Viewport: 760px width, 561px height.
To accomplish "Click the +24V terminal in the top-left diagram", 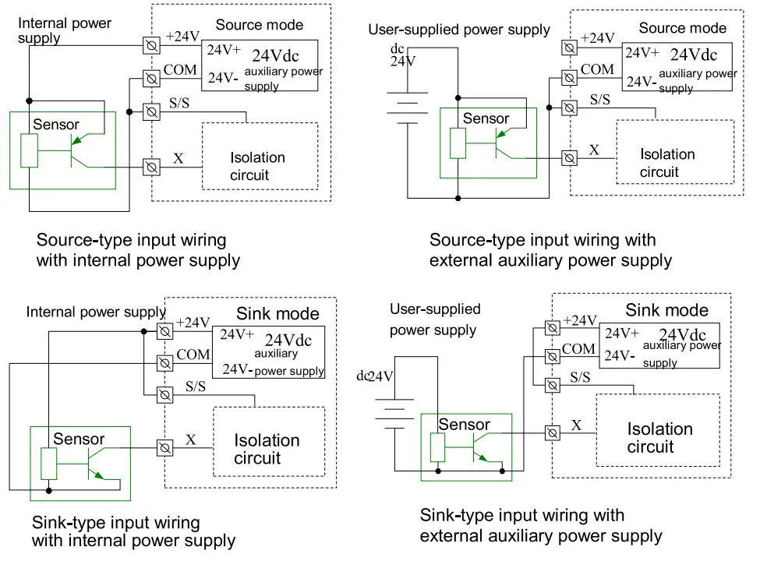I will tap(152, 46).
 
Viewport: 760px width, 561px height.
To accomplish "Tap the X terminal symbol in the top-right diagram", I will tap(570, 157).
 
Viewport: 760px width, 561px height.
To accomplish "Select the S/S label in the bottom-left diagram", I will tap(196, 386).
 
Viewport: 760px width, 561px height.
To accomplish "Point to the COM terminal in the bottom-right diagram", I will tap(553, 356).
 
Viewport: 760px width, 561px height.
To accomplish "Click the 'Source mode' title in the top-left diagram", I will tap(259, 25).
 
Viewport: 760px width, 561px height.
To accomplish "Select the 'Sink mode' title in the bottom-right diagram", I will tap(666, 310).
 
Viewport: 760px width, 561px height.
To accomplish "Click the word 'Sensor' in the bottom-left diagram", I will tap(79, 439).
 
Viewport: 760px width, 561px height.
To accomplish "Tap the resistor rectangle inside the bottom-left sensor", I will tap(49, 464).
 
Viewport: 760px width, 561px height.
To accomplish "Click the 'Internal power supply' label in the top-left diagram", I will tap(65, 30).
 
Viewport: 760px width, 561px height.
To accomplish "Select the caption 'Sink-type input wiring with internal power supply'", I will tap(133, 531).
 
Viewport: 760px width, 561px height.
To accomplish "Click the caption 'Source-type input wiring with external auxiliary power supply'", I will tap(550, 250).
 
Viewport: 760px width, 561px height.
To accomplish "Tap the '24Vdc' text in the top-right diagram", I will tap(693, 55).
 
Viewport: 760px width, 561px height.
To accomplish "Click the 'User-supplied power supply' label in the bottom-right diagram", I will tap(435, 319).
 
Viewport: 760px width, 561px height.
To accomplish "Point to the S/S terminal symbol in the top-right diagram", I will tap(570, 108).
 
